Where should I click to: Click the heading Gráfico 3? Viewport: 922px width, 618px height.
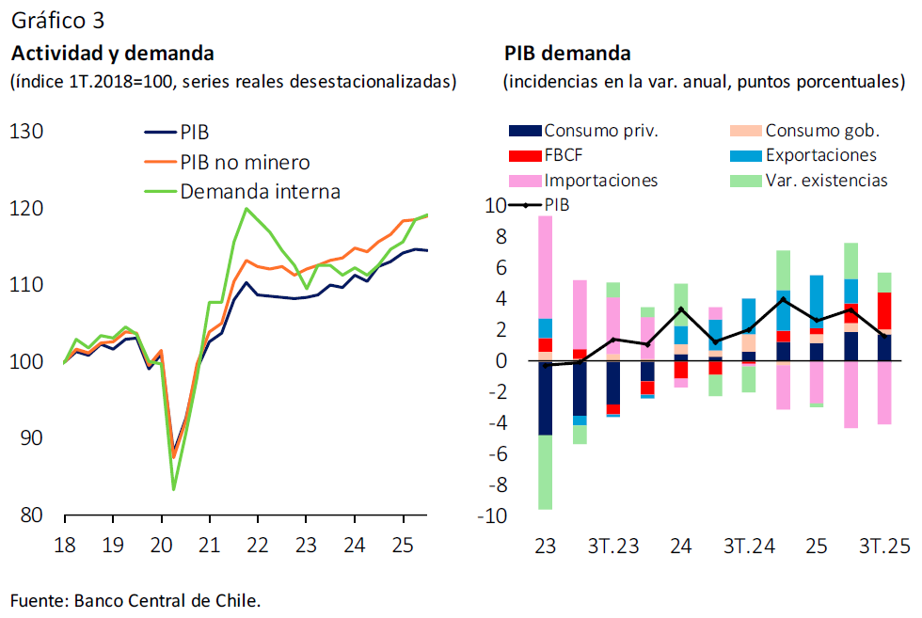[x=57, y=20]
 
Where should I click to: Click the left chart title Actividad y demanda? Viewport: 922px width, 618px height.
[x=112, y=53]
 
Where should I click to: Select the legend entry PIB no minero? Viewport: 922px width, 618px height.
[x=244, y=163]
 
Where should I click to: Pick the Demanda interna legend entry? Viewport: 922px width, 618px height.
[x=260, y=192]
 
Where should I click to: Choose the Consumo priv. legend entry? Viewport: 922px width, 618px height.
[x=600, y=131]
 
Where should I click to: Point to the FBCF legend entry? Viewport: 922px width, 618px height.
[x=565, y=155]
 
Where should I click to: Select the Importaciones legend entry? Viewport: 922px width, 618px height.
[x=600, y=180]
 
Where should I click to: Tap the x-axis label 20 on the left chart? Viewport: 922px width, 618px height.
[x=160, y=545]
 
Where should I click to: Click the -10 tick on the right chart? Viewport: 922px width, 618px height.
[x=495, y=516]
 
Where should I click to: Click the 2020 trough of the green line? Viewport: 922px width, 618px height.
[x=174, y=489]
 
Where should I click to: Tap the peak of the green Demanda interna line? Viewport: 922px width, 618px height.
[x=246, y=208]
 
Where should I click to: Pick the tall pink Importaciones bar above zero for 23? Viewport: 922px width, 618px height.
[x=545, y=267]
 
